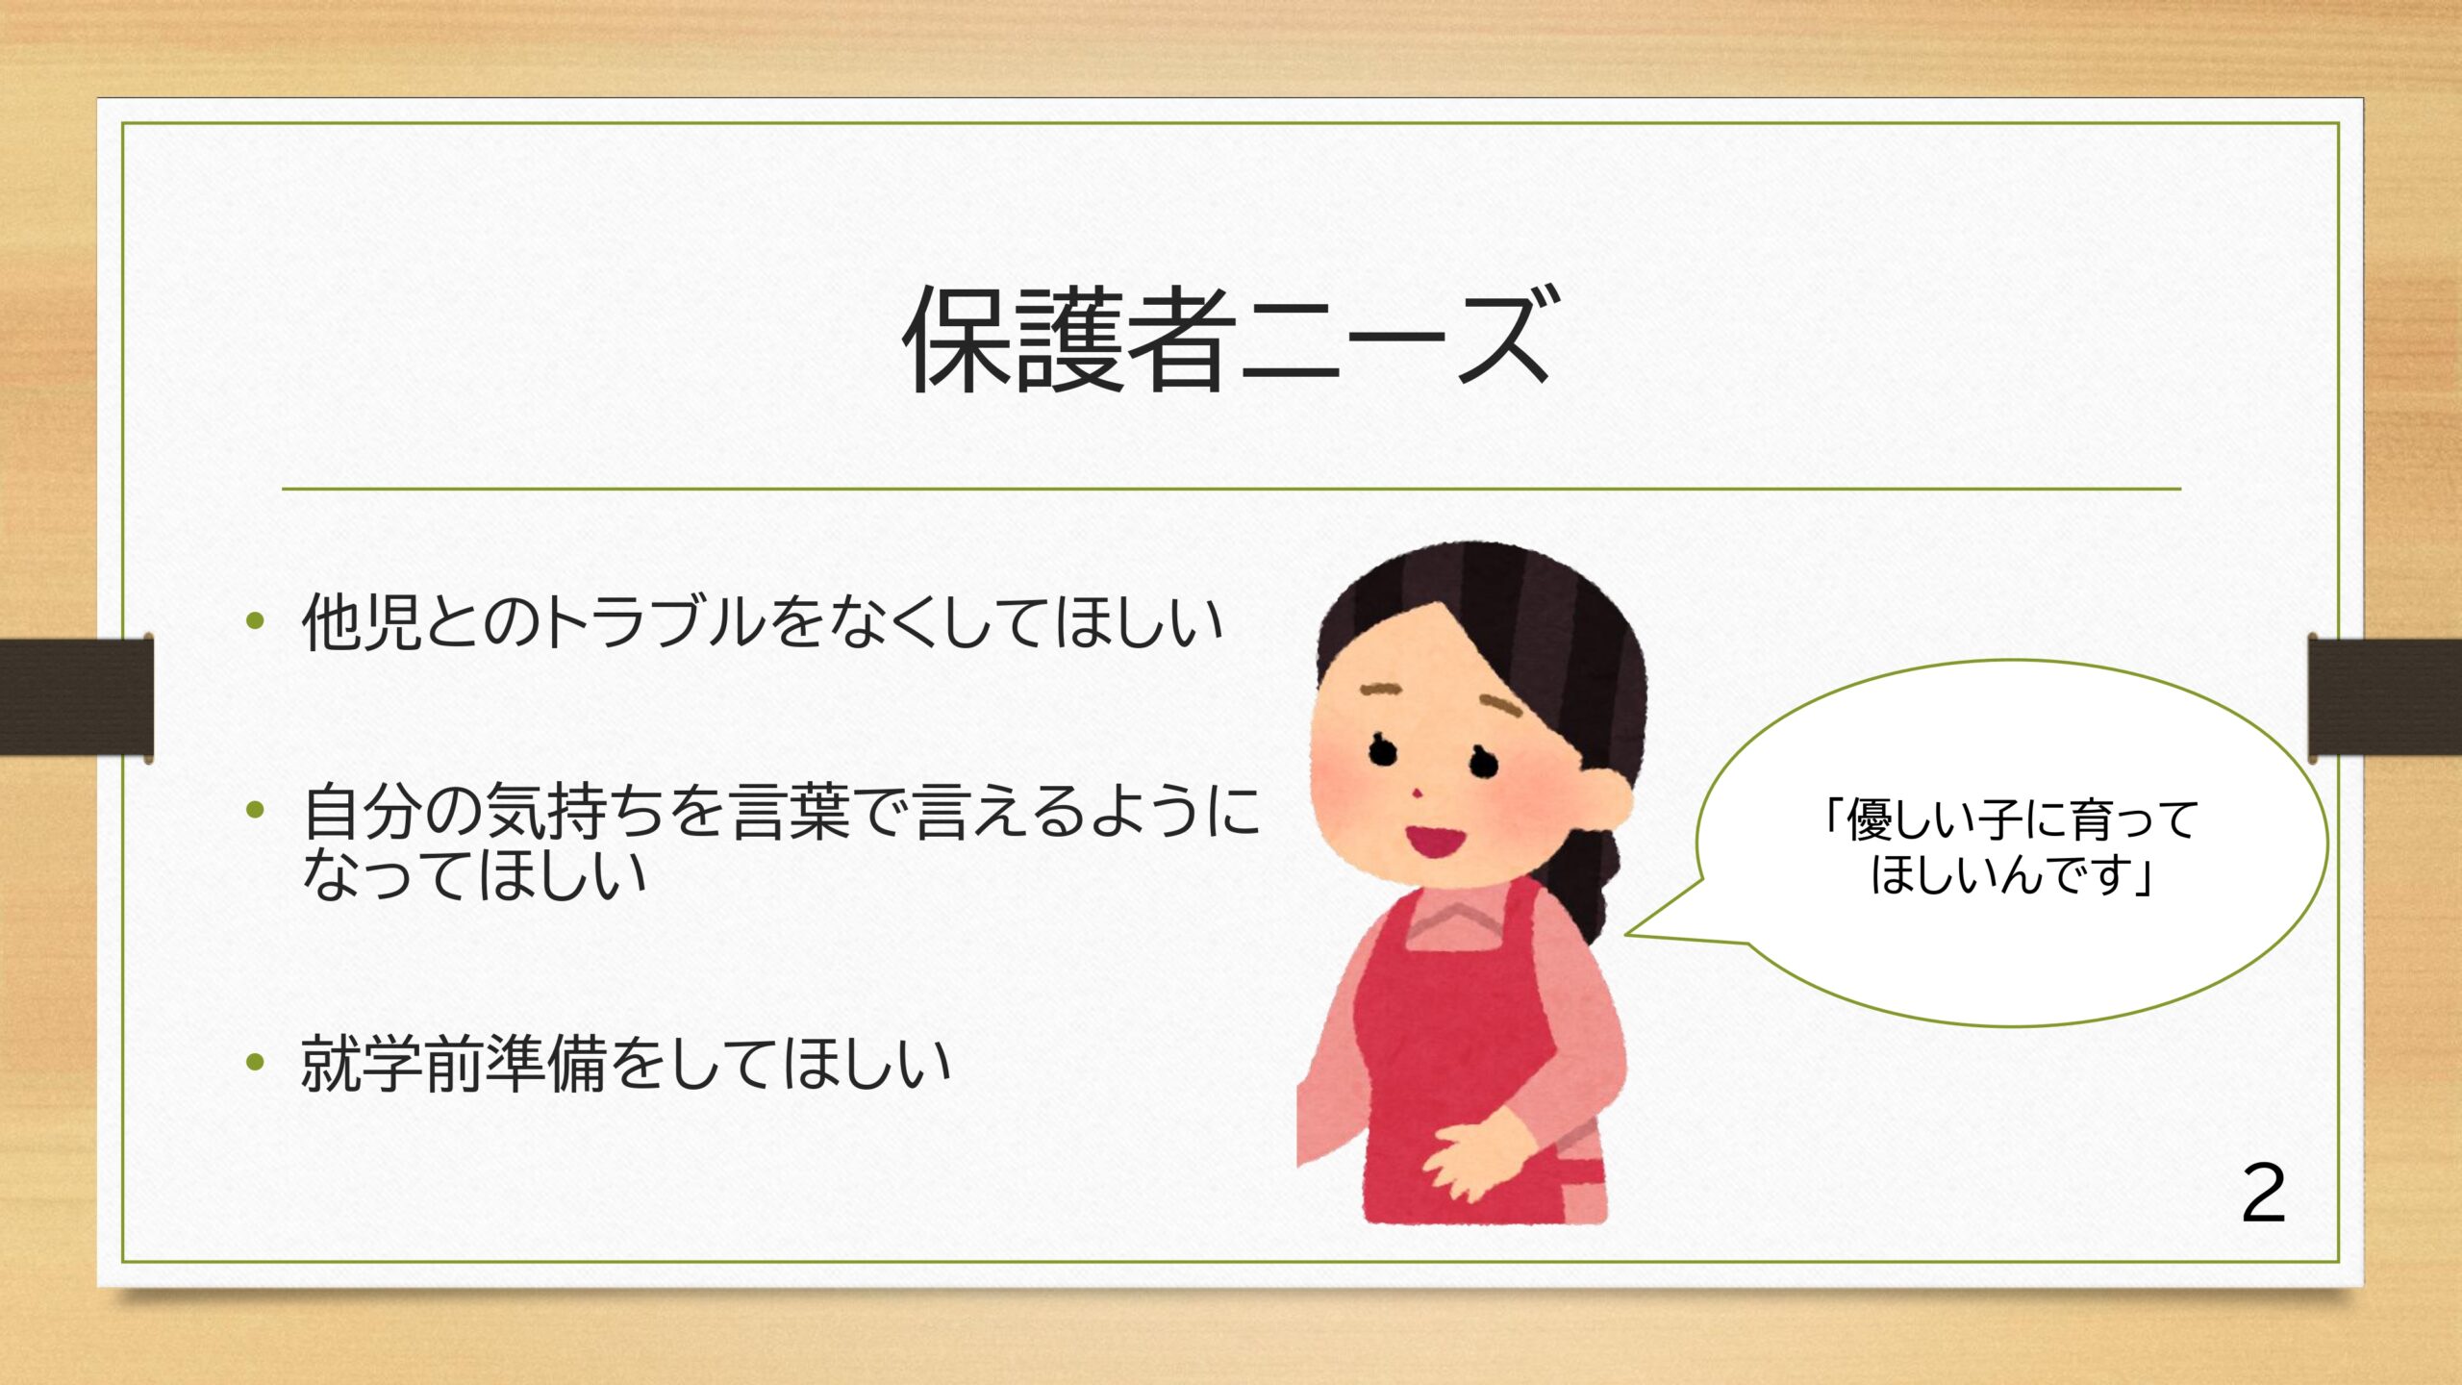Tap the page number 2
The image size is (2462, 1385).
click(2263, 1194)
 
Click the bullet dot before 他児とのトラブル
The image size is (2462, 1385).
click(255, 620)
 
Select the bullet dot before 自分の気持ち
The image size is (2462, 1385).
click(255, 810)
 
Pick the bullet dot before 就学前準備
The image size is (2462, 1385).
click(255, 1062)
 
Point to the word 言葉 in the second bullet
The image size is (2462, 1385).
click(791, 811)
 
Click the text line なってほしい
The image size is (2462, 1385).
click(474, 875)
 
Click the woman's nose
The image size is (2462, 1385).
click(1417, 793)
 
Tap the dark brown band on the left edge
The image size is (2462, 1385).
click(76, 696)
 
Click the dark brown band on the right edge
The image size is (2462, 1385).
click(2385, 696)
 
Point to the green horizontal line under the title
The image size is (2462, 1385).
click(1231, 489)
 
